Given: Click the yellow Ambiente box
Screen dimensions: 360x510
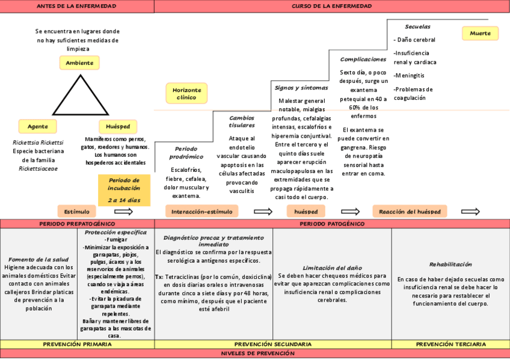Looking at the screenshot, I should click(x=79, y=63).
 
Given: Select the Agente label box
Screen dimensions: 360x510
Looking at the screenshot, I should click(x=38, y=126).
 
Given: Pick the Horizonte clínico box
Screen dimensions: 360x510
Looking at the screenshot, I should click(x=186, y=93).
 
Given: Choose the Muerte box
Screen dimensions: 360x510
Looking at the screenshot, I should click(x=480, y=33).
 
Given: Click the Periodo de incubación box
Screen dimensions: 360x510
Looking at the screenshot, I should click(x=124, y=189).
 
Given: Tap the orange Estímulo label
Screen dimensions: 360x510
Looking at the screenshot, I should click(x=77, y=212).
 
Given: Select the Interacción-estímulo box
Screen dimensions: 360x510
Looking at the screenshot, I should click(x=201, y=212).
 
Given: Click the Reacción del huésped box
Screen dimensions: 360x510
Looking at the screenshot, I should click(x=410, y=212).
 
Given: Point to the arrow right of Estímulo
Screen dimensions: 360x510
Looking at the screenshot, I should click(x=123, y=212).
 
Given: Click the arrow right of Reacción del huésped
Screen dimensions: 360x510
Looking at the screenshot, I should click(x=470, y=212).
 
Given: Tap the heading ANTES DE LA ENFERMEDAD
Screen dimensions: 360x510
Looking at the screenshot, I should click(x=77, y=6).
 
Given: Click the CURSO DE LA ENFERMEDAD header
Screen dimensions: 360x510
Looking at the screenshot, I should click(x=331, y=6).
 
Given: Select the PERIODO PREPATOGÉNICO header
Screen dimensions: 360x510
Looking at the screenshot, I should click(x=77, y=224).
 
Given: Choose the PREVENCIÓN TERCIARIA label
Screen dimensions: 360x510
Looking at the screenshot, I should click(x=451, y=344).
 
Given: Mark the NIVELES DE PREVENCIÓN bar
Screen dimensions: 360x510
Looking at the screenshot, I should click(x=255, y=353).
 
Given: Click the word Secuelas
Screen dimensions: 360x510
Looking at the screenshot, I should click(x=417, y=27).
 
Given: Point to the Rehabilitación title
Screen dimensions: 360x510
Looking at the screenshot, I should click(x=450, y=264).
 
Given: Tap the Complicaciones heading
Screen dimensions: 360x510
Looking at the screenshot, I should click(x=363, y=59).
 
